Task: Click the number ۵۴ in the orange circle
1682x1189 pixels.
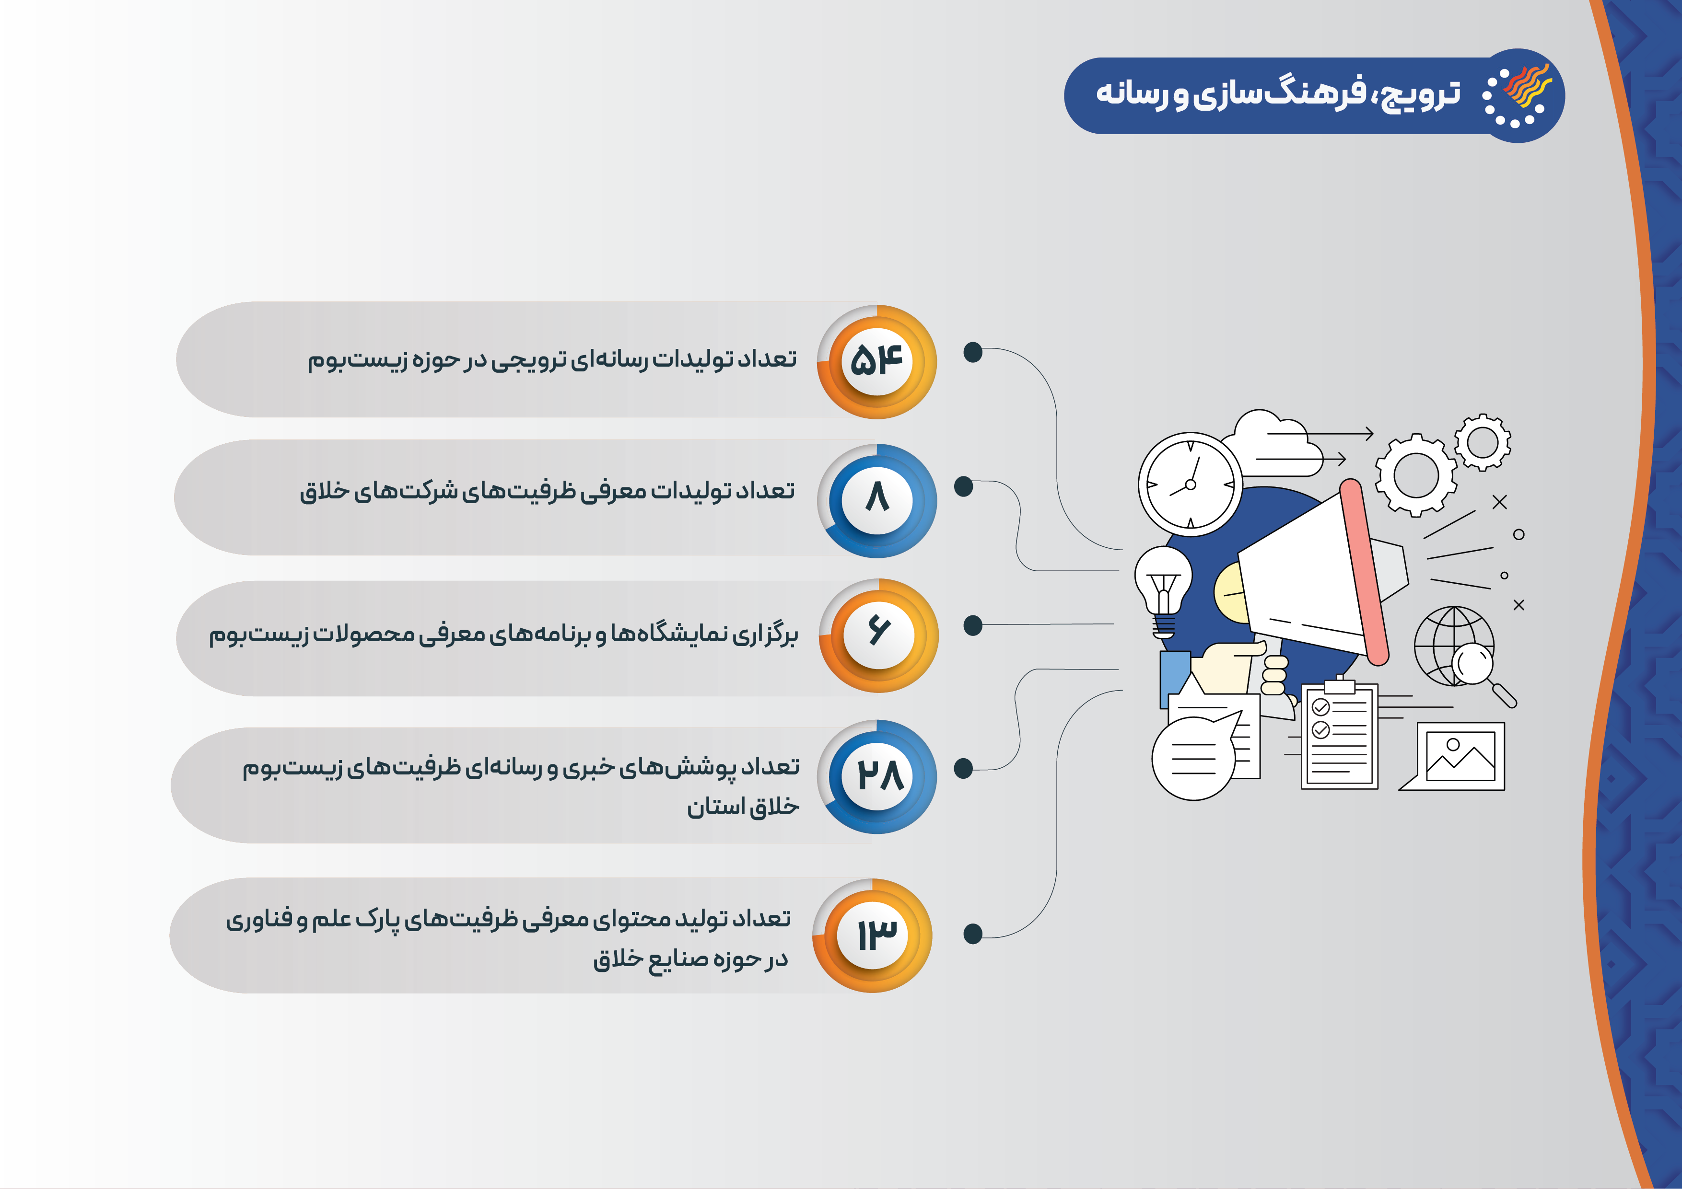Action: [876, 360]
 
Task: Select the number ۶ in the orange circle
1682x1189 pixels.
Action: [878, 630]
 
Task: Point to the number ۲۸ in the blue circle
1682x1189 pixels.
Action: [880, 774]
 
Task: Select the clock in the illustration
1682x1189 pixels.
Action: [1190, 484]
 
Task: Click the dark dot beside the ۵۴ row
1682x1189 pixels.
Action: [973, 352]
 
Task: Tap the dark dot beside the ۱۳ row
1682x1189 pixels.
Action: [973, 934]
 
